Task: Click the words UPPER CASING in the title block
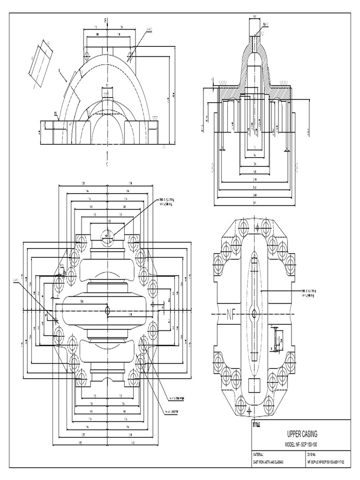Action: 300,435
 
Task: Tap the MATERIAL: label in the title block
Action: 259,454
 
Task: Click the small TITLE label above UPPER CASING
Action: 256,425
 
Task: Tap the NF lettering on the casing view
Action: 231,313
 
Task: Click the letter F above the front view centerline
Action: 105,20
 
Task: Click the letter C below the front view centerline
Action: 107,165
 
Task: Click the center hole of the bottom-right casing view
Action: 254,313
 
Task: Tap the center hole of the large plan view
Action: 108,310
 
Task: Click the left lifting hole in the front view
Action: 87,56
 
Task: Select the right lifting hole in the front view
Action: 130,56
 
